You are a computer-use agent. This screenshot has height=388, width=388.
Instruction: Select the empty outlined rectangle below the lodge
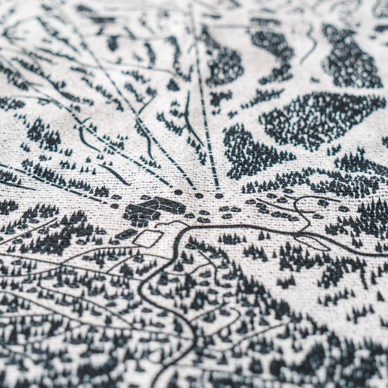pos(148,238)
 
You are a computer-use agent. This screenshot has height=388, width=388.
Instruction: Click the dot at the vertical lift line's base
pos(219,195)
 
